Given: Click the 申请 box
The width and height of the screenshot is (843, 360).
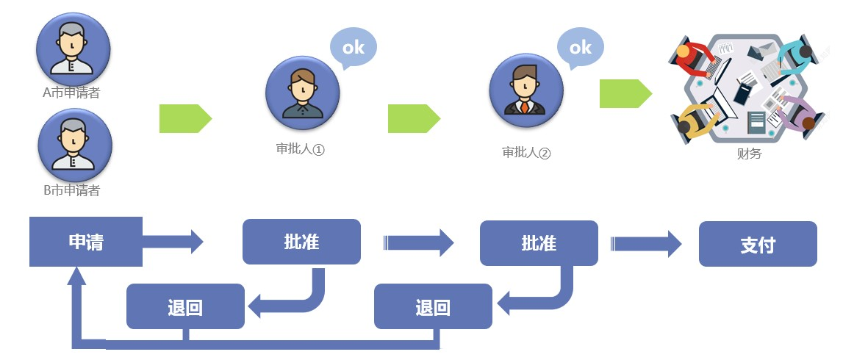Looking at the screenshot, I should [x=85, y=242].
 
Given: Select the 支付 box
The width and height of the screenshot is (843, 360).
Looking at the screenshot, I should [x=757, y=244].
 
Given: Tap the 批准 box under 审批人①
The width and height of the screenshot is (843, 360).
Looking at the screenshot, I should [x=301, y=242].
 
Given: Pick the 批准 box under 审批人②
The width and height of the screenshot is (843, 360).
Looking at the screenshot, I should [x=539, y=242].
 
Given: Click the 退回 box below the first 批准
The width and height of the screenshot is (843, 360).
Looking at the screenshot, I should [x=185, y=306].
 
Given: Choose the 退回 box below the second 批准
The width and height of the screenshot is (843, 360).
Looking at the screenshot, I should [x=433, y=306].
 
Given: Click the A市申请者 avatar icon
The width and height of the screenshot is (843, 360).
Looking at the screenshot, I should [x=73, y=48].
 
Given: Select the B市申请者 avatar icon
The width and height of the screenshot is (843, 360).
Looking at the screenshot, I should [x=74, y=144].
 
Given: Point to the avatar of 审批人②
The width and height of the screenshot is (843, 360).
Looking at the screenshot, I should [x=526, y=90].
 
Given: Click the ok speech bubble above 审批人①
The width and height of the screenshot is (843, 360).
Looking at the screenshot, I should [x=353, y=48].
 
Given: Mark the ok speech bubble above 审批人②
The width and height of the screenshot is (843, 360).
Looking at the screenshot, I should [x=580, y=48].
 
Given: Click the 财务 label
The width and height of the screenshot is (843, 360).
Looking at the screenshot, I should [x=749, y=154].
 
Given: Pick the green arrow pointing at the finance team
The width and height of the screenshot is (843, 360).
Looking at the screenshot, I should [x=625, y=94].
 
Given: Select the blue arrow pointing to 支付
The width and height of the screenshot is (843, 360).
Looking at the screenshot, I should [x=646, y=243].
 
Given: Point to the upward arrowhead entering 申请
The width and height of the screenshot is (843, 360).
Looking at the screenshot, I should [x=76, y=277].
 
